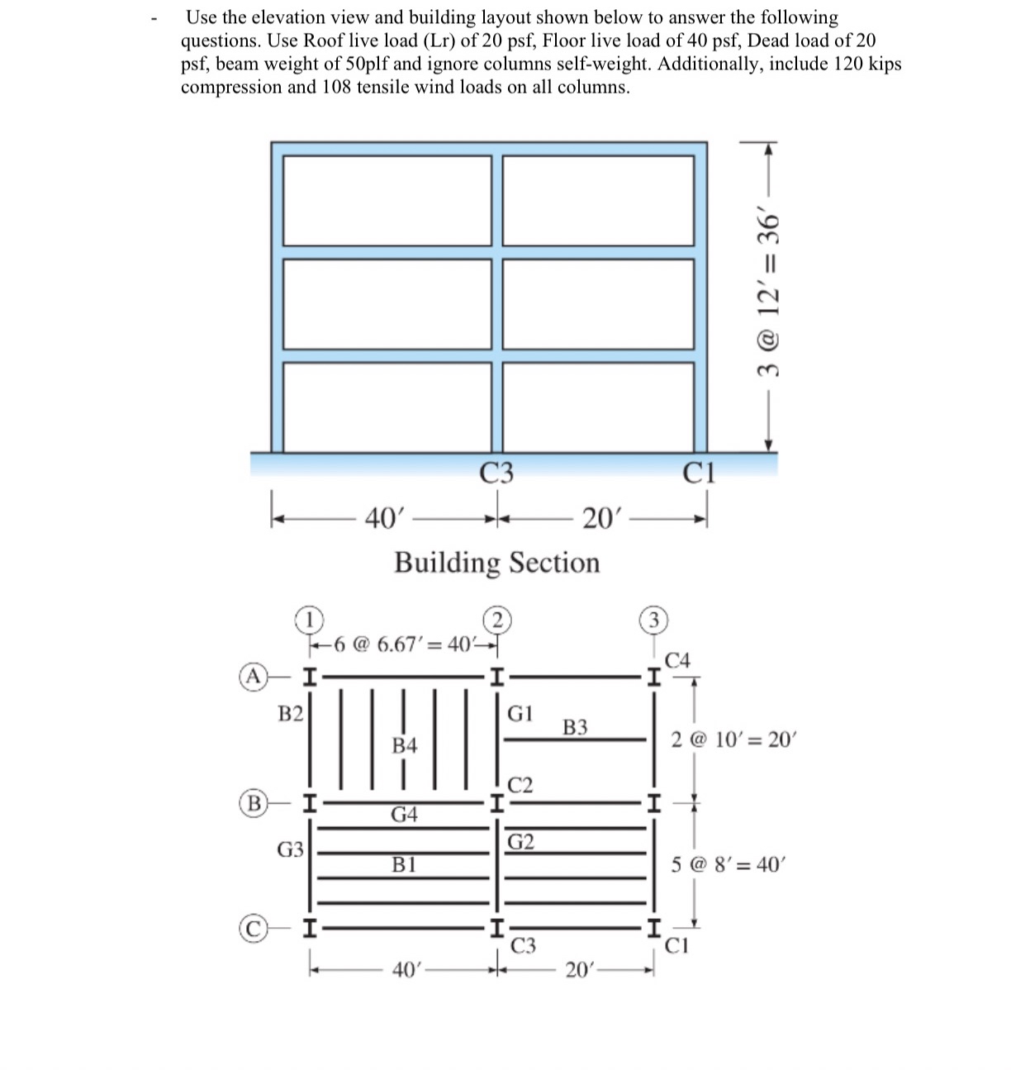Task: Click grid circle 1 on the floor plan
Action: (308, 618)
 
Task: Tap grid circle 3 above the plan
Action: (653, 620)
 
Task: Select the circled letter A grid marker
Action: (253, 678)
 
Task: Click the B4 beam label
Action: (404, 745)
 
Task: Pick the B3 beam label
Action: (575, 727)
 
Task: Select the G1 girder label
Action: (520, 713)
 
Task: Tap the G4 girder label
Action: (404, 815)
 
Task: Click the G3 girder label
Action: (290, 849)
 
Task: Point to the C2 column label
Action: (520, 784)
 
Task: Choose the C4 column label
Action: (677, 660)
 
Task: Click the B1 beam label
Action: (404, 865)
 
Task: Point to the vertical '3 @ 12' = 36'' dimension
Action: (769, 293)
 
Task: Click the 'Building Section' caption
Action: (496, 563)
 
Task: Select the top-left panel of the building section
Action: (387, 200)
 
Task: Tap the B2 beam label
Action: (290, 714)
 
